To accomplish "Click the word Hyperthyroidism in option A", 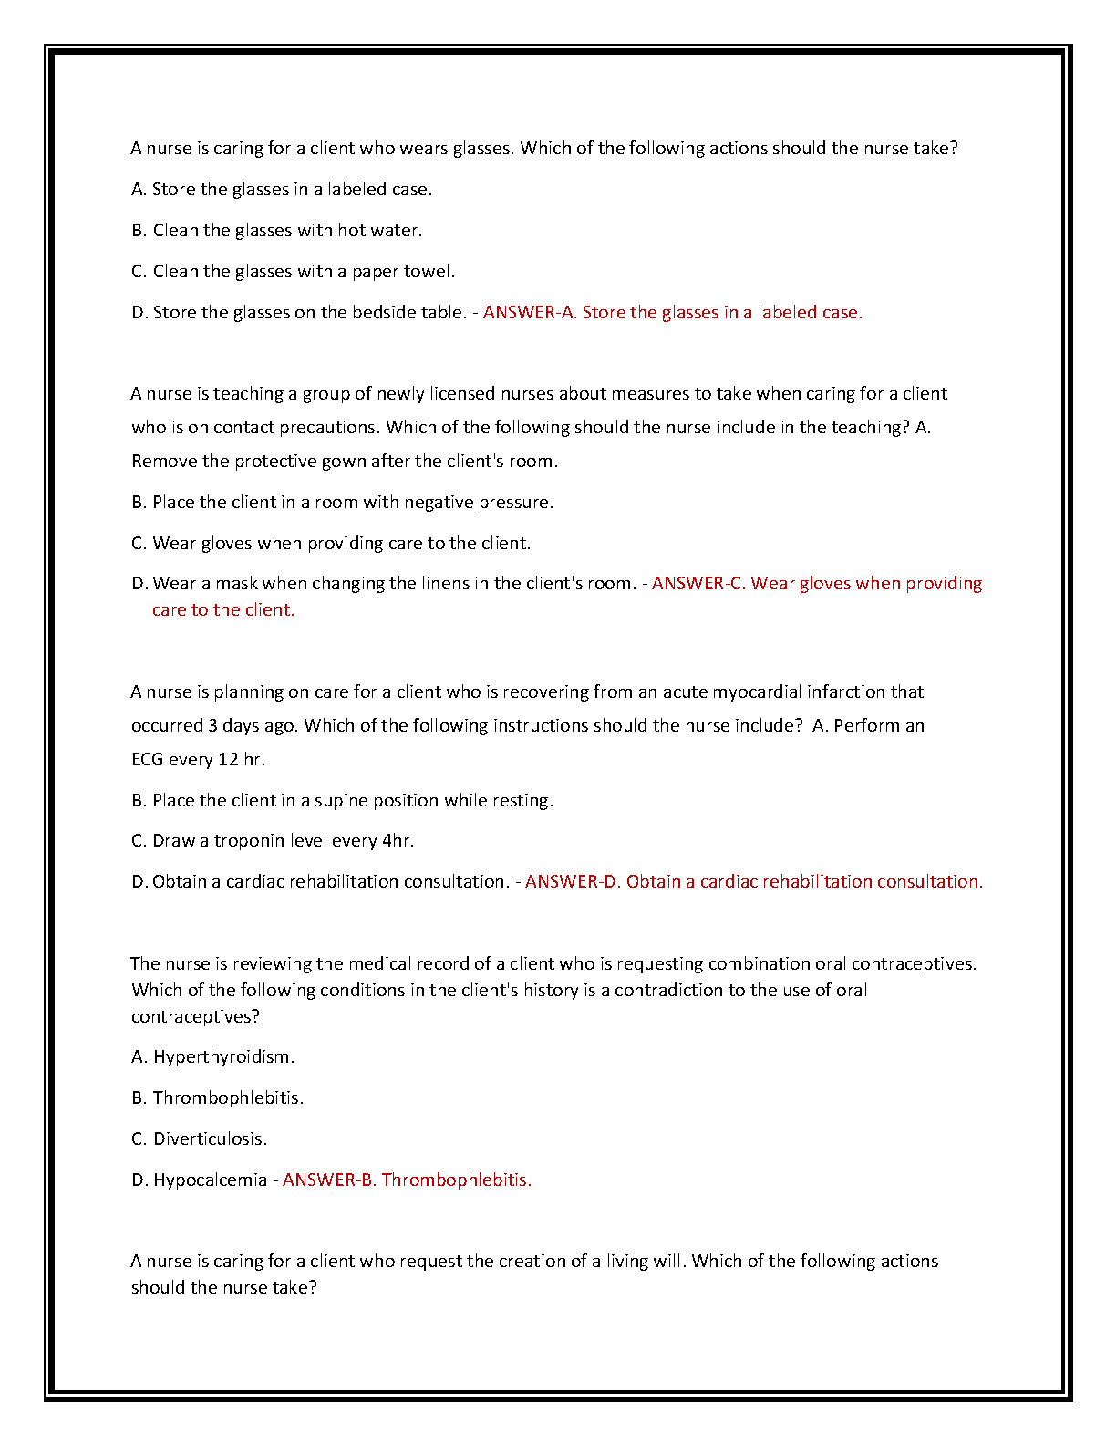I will pyautogui.click(x=222, y=1056).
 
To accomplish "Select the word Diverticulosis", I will pyautogui.click(x=209, y=1138).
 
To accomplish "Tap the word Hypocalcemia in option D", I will pyautogui.click(x=210, y=1180).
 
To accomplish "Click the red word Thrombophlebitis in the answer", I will pyautogui.click(x=456, y=1180).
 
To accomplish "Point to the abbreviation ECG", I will pyautogui.click(x=147, y=759).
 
